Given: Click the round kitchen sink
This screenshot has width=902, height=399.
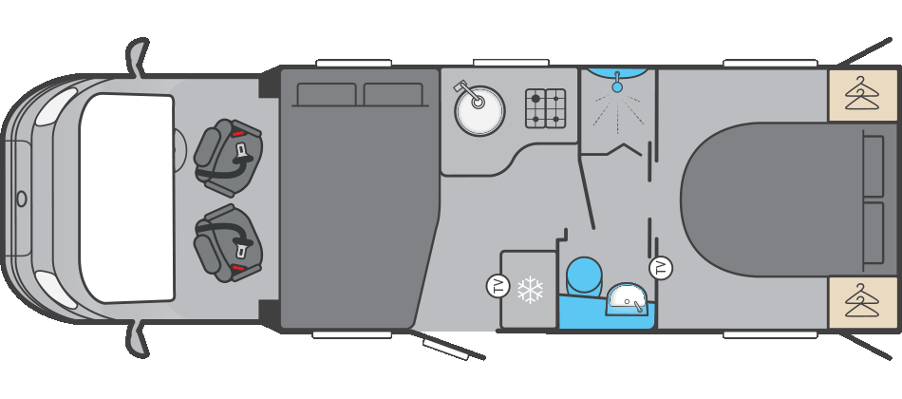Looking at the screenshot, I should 479,112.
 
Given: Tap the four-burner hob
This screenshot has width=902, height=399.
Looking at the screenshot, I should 546,108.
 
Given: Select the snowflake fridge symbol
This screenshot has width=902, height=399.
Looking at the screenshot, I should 529,290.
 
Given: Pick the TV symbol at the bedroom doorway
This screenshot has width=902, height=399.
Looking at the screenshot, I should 661,268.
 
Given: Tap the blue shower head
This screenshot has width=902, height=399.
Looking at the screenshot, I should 617,86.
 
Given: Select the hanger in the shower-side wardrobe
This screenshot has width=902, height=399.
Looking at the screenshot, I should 862,94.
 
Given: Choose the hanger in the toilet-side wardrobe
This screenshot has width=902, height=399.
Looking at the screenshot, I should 862,303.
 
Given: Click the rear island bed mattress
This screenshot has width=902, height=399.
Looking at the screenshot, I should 769,199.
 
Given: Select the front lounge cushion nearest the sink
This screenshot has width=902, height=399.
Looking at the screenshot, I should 393,94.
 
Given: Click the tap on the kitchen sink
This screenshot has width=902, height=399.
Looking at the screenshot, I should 464,88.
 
